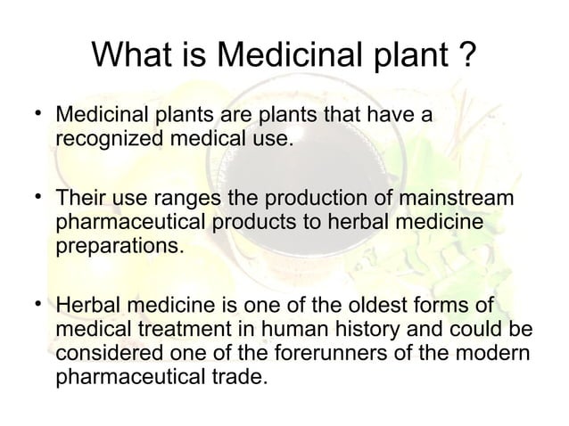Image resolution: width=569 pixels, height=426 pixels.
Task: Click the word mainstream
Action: tap(470, 198)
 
